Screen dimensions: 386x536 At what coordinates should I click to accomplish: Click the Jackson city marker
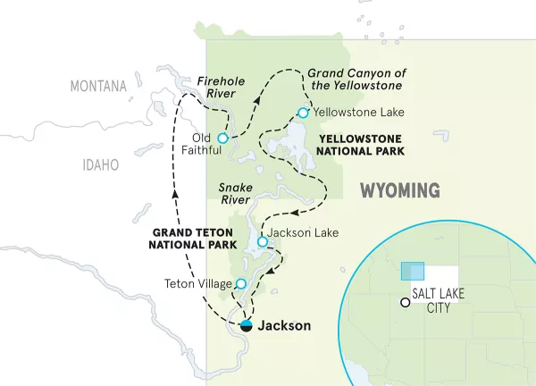click(246, 325)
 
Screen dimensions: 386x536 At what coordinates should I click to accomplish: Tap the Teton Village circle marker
click(240, 284)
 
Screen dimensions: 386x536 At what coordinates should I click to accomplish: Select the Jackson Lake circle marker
click(262, 242)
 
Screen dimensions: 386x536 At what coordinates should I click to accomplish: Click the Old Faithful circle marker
click(222, 138)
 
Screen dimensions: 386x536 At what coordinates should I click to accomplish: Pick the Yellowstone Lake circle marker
click(303, 113)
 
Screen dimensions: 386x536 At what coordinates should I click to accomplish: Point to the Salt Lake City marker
click(405, 303)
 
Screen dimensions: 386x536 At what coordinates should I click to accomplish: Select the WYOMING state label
click(400, 190)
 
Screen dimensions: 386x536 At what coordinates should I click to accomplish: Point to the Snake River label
click(236, 194)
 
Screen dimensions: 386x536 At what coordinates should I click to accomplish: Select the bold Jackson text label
click(284, 326)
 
